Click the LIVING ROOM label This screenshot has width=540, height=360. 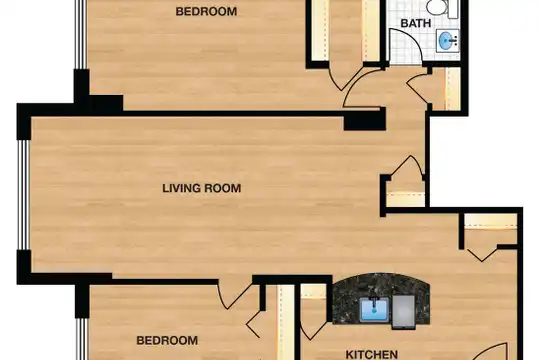[x=201, y=188]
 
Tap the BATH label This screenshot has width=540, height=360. [x=416, y=23]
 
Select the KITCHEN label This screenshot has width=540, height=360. [x=372, y=354]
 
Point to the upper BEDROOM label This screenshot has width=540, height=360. [x=206, y=11]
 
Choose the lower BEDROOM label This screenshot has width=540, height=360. [x=167, y=340]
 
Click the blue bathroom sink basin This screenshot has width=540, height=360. [x=446, y=40]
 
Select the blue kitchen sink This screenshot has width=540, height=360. [x=374, y=310]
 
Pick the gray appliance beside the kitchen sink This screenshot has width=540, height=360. [x=404, y=311]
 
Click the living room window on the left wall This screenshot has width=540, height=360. [x=24, y=195]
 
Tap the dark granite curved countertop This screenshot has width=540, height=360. [x=381, y=298]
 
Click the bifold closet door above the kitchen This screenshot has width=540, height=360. [x=482, y=254]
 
